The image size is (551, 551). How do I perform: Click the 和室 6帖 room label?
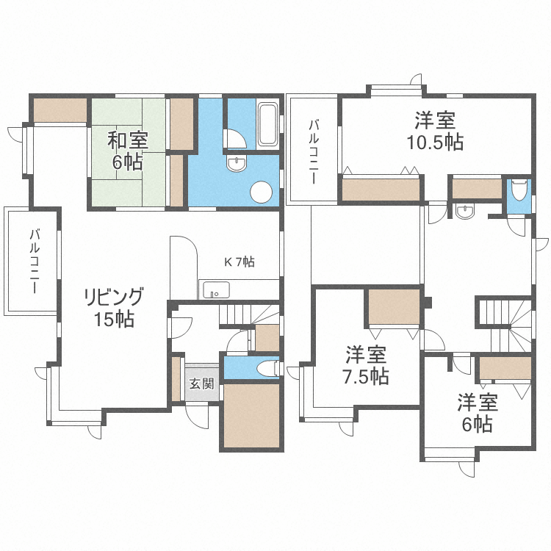point(126,150)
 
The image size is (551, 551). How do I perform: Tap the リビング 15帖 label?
point(113,307)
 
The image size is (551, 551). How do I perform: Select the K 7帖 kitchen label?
point(239,262)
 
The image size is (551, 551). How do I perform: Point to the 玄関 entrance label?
point(201,383)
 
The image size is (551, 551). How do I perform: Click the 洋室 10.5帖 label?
point(435,130)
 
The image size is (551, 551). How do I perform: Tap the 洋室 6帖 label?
point(478,413)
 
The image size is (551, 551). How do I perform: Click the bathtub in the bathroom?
point(267,125)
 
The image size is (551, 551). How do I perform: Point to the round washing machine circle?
point(262,192)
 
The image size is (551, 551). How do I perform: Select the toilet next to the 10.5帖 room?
point(519,191)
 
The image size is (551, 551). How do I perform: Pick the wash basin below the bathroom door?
point(237,165)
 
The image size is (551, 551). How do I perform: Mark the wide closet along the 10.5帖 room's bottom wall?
point(382,190)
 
